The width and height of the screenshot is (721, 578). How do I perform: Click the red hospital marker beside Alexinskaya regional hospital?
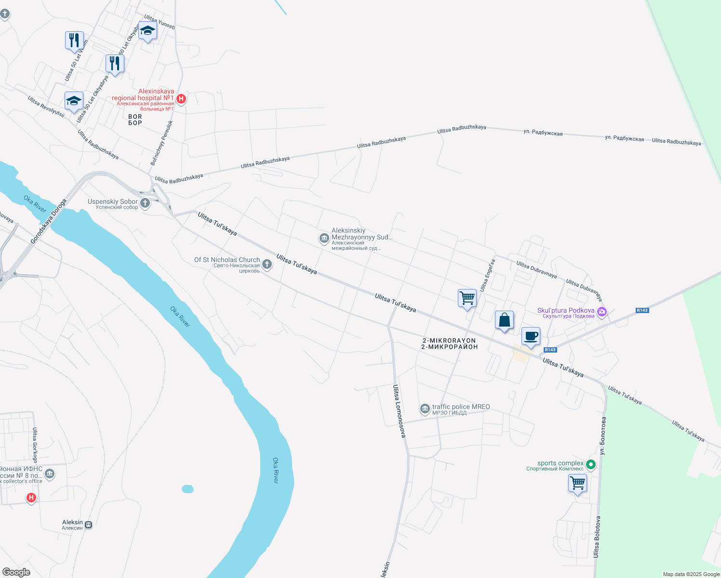click(x=181, y=99)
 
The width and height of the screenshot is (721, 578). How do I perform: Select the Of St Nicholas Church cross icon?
click(x=267, y=264)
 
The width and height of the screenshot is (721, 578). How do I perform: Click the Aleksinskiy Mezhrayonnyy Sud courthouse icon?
click(x=324, y=238)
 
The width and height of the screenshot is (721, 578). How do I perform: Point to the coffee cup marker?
click(x=531, y=336)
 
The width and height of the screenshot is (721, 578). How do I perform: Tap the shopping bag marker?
click(x=504, y=320)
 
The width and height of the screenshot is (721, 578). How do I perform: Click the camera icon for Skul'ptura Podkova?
click(x=601, y=312)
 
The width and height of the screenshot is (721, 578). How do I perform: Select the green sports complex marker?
click(x=591, y=465)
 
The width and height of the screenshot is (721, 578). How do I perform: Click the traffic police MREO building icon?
click(x=425, y=409)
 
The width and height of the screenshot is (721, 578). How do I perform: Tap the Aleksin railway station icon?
click(x=88, y=525)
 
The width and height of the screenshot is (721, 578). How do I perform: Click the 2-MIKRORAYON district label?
click(x=449, y=343)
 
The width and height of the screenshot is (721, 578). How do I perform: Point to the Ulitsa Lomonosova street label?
click(x=399, y=411)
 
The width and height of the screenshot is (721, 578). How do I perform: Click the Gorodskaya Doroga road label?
click(x=48, y=221)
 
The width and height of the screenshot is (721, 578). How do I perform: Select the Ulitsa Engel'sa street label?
click(x=487, y=275)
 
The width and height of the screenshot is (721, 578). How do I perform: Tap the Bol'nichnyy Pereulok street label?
click(x=161, y=143)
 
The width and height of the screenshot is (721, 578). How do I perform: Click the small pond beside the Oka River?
click(x=187, y=489)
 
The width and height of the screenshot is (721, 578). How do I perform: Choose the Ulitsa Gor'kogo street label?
click(x=35, y=445)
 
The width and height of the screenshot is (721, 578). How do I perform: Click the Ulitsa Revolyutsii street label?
click(x=46, y=106)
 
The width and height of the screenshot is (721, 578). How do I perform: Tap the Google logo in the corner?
click(x=16, y=572)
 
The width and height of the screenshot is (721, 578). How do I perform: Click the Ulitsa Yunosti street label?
click(x=160, y=22)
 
